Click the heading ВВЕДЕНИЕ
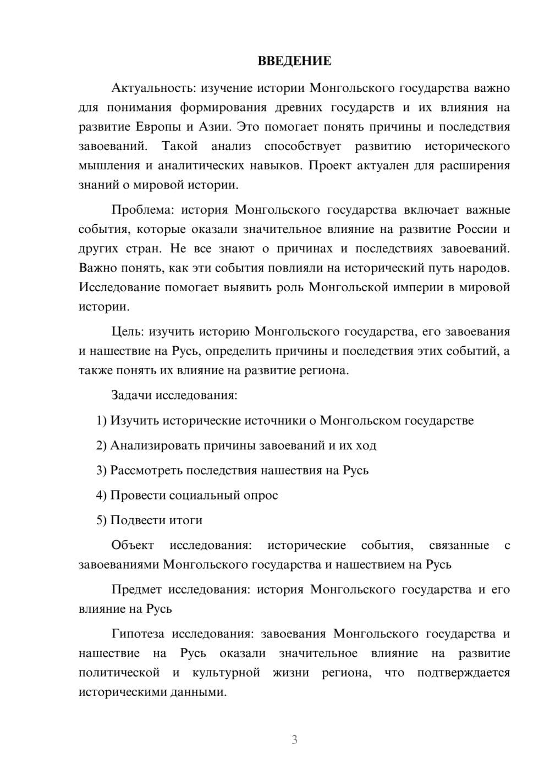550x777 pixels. point(294,61)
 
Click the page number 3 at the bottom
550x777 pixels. point(294,740)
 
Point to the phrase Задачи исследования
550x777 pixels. point(174,395)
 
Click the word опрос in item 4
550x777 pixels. point(260,495)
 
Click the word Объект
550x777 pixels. point(133,545)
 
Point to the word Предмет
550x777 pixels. point(136,590)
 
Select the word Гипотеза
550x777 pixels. point(137,634)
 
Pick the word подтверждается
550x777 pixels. point(463,673)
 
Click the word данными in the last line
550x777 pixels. point(198,692)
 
